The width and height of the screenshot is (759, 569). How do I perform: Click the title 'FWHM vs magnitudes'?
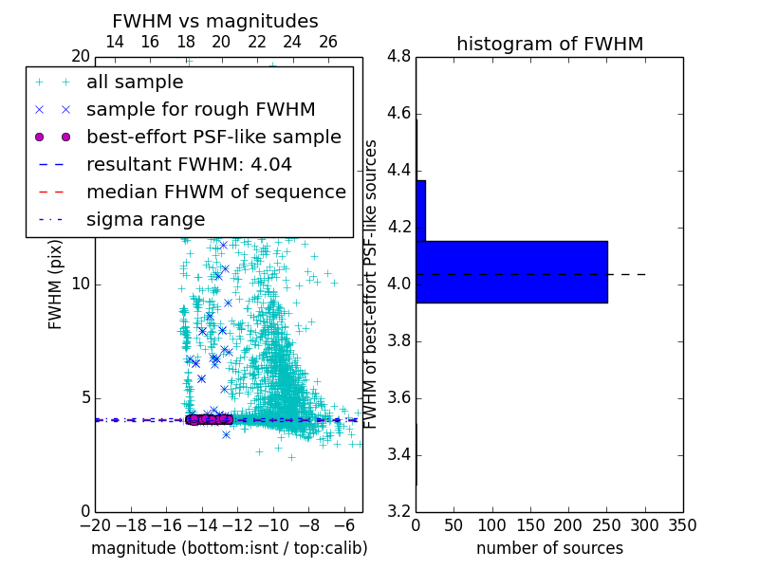pyautogui.click(x=215, y=21)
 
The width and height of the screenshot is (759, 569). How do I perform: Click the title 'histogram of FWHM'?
pyautogui.click(x=549, y=44)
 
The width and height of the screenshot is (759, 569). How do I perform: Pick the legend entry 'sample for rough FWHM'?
pyautogui.click(x=200, y=109)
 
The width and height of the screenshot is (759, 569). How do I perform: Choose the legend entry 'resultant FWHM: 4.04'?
pyautogui.click(x=189, y=164)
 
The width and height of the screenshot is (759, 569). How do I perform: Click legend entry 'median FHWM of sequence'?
pyautogui.click(x=215, y=192)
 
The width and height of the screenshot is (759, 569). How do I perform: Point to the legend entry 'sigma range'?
pyautogui.click(x=145, y=219)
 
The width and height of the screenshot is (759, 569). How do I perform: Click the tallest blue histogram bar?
pyautogui.click(x=511, y=272)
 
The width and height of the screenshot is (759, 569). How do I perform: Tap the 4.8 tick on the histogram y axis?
pyautogui.click(x=399, y=57)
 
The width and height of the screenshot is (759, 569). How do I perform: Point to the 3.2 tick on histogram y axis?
pyautogui.click(x=399, y=511)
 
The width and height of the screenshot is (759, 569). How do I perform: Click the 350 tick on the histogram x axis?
pyautogui.click(x=682, y=525)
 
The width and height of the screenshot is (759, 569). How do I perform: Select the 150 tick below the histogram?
pyautogui.click(x=530, y=525)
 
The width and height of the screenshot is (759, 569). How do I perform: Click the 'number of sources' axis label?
pyautogui.click(x=549, y=548)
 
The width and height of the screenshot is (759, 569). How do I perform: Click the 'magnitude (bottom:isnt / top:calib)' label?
pyautogui.click(x=229, y=548)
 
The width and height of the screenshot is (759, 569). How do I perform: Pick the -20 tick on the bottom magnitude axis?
pyautogui.click(x=95, y=525)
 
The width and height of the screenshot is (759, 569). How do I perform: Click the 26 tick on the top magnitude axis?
pyautogui.click(x=327, y=42)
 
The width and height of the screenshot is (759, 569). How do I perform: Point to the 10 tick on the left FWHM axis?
pyautogui.click(x=82, y=284)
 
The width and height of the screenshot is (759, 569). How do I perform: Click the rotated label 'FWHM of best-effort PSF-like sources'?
pyautogui.click(x=371, y=284)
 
